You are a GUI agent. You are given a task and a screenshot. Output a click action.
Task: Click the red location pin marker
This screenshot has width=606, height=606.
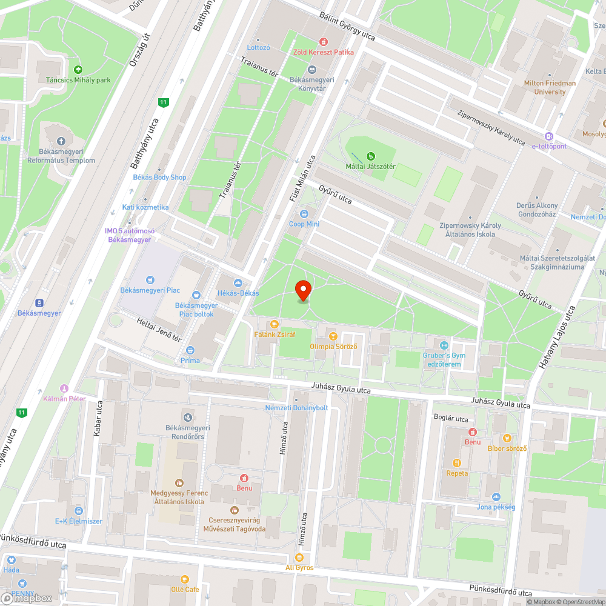[303, 290]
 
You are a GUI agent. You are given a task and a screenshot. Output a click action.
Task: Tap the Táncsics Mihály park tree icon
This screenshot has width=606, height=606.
[78, 69]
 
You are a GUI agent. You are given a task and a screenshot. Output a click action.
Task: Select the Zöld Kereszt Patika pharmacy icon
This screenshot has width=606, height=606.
[324, 42]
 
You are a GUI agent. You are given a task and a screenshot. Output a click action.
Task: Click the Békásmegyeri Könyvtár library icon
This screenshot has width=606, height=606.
[312, 70]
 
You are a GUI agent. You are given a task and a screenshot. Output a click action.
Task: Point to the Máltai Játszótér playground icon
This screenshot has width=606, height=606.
[370, 156]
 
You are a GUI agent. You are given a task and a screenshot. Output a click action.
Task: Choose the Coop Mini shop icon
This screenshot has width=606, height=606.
[304, 214]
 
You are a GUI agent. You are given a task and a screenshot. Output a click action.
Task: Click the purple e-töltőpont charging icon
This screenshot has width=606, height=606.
[549, 136]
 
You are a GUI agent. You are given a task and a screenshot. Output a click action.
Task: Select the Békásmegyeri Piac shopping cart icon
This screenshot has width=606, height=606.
[150, 280]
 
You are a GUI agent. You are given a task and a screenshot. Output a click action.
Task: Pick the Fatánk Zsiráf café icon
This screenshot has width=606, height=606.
[275, 324]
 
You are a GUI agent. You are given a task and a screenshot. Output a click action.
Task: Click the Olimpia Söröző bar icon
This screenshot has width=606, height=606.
[332, 336]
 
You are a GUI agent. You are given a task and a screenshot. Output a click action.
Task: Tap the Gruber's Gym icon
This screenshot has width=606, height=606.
[442, 345]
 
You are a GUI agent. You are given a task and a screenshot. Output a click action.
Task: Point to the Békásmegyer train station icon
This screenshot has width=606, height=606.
[39, 302]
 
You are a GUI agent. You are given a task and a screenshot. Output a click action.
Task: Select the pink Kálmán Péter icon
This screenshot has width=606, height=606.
[64, 388]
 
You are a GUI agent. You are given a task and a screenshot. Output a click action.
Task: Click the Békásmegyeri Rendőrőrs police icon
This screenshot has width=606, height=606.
[188, 417]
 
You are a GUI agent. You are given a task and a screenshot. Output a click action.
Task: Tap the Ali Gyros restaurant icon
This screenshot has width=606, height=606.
[299, 558]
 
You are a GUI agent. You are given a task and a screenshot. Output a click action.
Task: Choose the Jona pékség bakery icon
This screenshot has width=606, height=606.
[496, 496]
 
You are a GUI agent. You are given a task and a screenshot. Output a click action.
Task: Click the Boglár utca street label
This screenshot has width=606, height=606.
[451, 418]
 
